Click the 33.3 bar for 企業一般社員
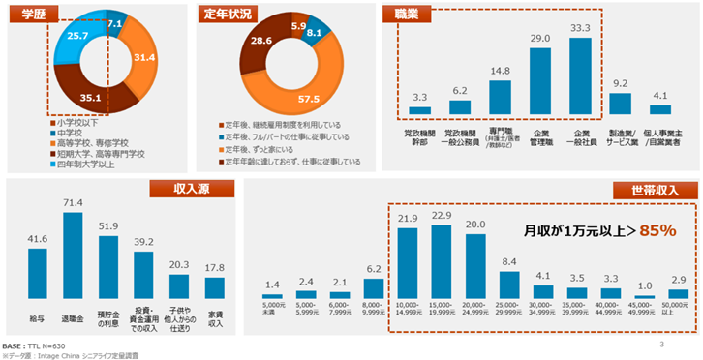pyautogui.click(x=581, y=77)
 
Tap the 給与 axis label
pyautogui.click(x=38, y=315)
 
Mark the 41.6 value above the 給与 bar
pyautogui.click(x=38, y=238)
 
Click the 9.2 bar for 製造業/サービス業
pyautogui.click(x=620, y=104)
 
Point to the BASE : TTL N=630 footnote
pyautogui.click(x=38, y=345)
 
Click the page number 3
pyautogui.click(x=660, y=345)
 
